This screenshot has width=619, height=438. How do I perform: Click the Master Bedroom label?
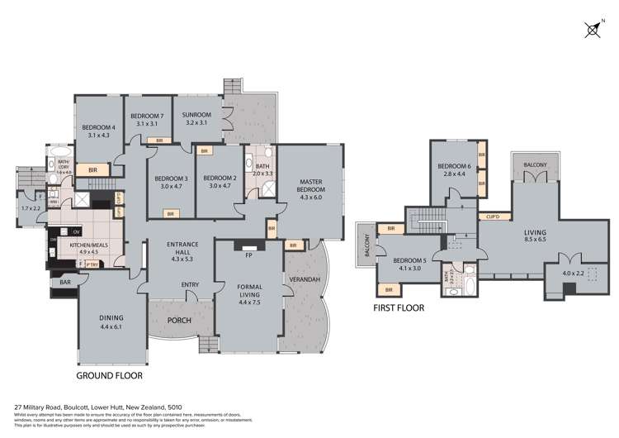(310, 189)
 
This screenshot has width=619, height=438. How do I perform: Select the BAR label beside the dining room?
(64, 283)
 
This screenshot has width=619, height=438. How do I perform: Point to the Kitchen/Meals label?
(83, 247)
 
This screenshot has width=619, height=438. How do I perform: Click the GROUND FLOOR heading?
(109, 375)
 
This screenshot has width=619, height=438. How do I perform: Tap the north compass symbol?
(592, 31)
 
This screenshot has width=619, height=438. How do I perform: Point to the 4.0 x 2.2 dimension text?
(572, 273)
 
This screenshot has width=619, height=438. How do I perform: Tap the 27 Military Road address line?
(100, 407)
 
